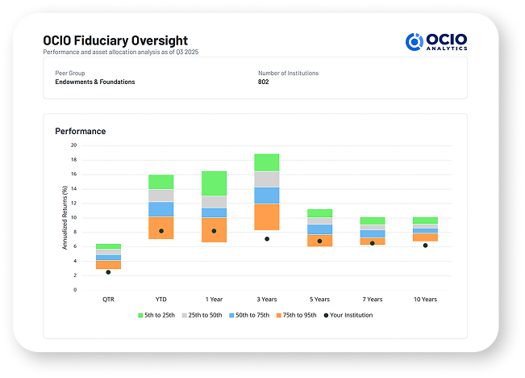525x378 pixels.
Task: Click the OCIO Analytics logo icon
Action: pos(415,42)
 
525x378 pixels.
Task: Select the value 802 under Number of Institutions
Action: pos(264,82)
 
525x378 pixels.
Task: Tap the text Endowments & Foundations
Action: pos(90,82)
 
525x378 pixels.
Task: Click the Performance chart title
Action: pos(80,131)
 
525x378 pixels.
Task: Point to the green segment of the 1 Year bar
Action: pos(214,183)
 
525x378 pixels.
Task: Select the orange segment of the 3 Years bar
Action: pos(267,216)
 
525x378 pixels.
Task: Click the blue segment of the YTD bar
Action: pos(161,209)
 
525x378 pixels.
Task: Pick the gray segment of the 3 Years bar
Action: pos(267,178)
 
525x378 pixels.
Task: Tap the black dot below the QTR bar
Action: pos(108,272)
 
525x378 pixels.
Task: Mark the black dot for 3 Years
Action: pos(267,239)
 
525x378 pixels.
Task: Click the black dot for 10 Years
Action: pos(425,246)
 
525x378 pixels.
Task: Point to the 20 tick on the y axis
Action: pos(73,145)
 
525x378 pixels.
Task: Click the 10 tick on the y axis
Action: pos(73,217)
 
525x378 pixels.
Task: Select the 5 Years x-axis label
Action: pos(319,300)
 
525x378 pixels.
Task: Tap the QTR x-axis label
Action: pos(108,300)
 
